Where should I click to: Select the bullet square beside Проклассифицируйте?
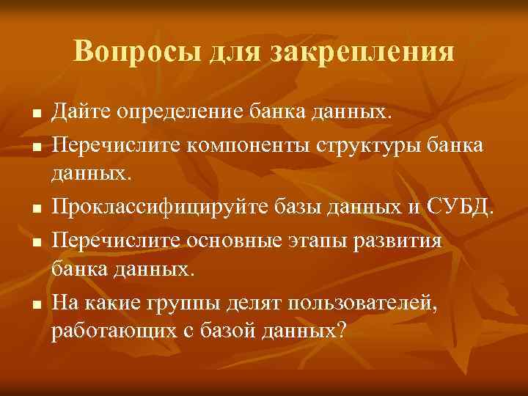[x=34, y=205]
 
